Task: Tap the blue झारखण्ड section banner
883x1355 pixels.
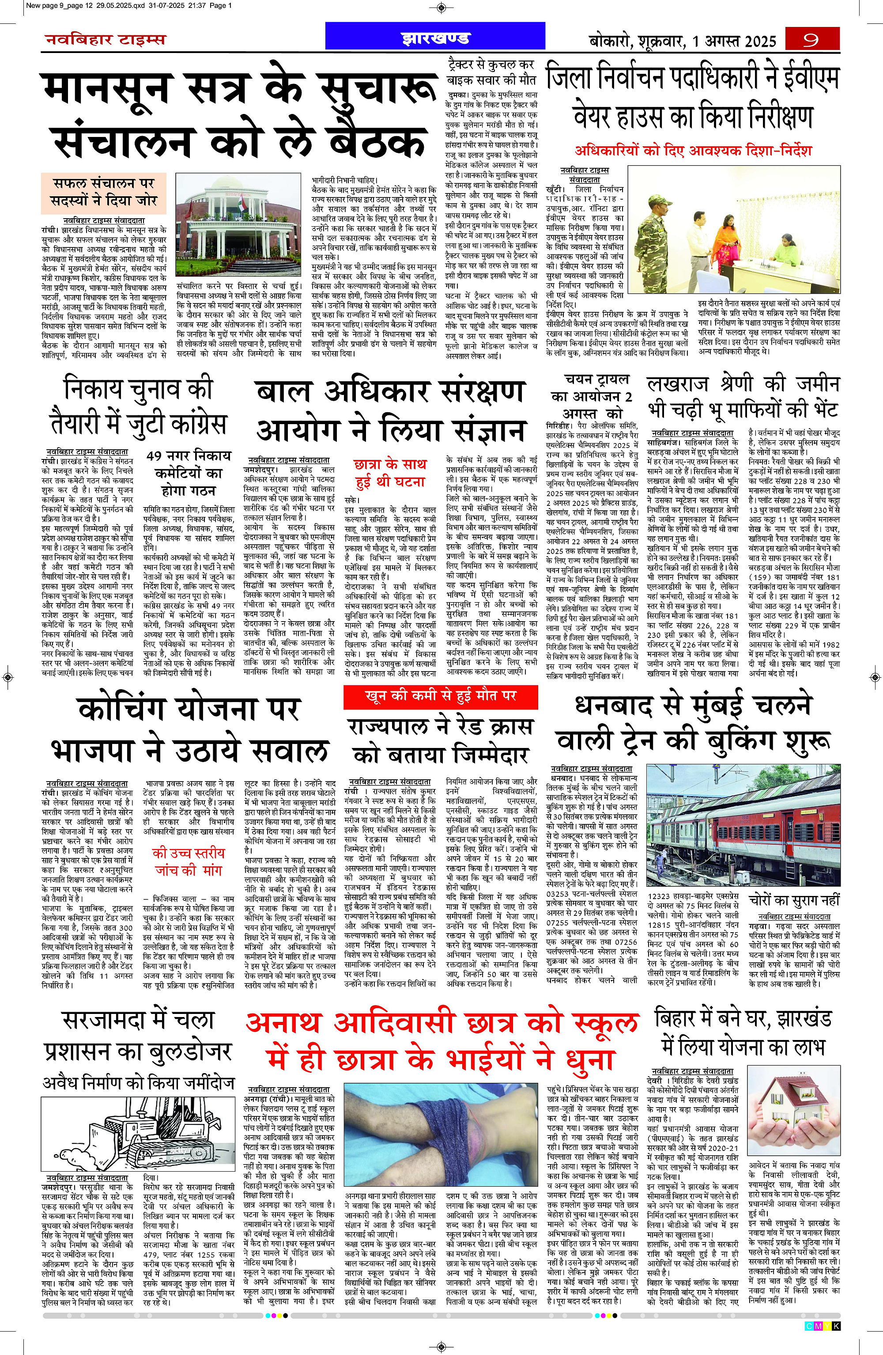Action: pyautogui.click(x=435, y=38)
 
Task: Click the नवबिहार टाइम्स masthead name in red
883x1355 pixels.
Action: pyautogui.click(x=105, y=39)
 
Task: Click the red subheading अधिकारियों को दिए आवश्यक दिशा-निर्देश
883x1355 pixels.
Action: pyautogui.click(x=693, y=151)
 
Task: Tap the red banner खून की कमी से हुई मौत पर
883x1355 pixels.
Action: pyautogui.click(x=440, y=696)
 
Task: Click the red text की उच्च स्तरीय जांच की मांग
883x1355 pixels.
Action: pyautogui.click(x=189, y=861)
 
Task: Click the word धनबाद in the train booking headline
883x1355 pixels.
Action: pyautogui.click(x=614, y=706)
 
